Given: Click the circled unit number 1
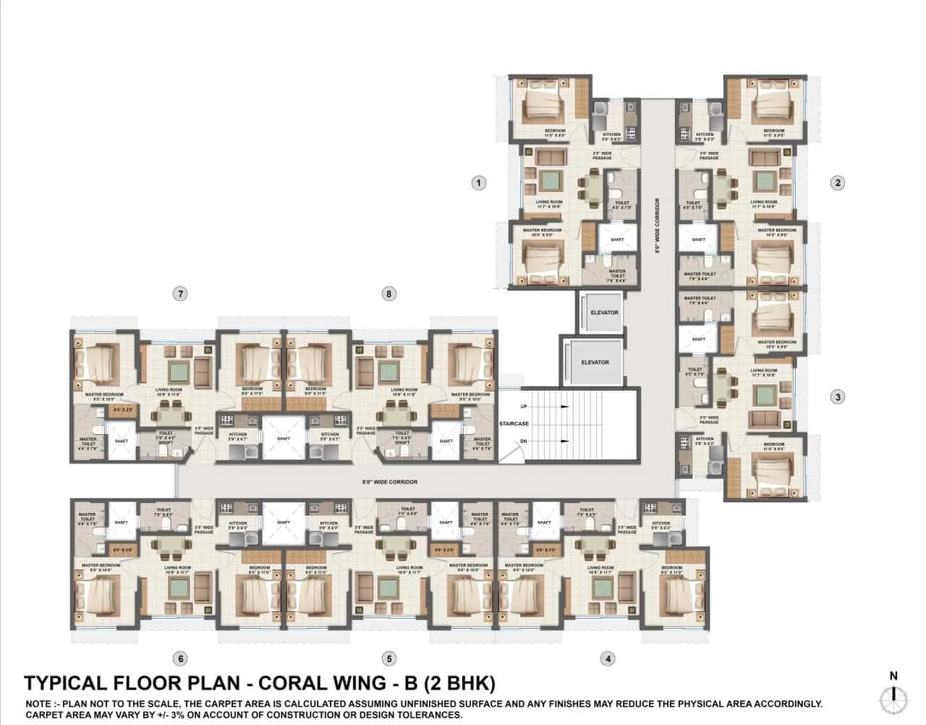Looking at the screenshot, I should click(478, 183).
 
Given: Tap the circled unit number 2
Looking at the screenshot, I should click(838, 183).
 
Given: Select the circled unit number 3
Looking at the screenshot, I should click(838, 397).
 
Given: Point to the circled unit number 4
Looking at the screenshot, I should click(608, 658).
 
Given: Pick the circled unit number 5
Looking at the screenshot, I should click(390, 658).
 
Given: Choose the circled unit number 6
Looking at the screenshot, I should click(180, 658).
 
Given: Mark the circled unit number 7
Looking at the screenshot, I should click(180, 294).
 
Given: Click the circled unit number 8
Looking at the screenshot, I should click(389, 294).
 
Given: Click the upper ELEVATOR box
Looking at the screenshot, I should click(604, 313).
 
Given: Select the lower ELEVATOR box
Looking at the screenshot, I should click(595, 362).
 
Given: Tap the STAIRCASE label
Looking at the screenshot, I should click(514, 424).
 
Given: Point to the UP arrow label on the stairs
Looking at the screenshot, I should click(524, 407).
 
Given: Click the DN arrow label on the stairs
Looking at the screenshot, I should click(524, 441).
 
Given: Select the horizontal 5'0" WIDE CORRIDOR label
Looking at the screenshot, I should click(390, 482).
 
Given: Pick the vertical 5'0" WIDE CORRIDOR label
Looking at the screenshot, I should click(658, 226).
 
